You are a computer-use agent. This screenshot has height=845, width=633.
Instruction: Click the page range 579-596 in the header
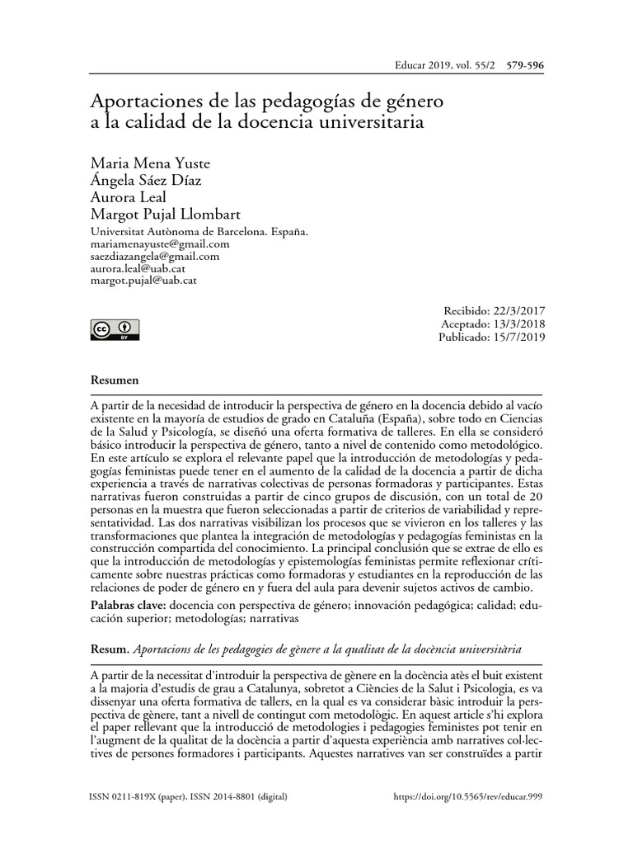point(518,64)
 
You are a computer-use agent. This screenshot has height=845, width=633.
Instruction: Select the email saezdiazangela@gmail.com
point(154,257)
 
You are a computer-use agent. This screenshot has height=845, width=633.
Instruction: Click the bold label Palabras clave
point(127,605)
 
